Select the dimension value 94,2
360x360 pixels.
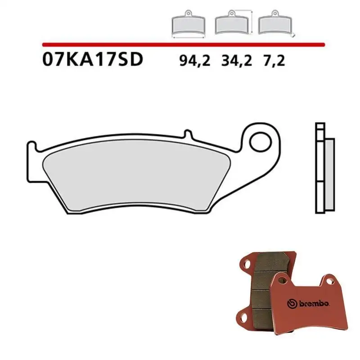pyautogui.click(x=195, y=60)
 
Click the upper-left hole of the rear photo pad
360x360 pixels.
pyautogui.click(x=247, y=264)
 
